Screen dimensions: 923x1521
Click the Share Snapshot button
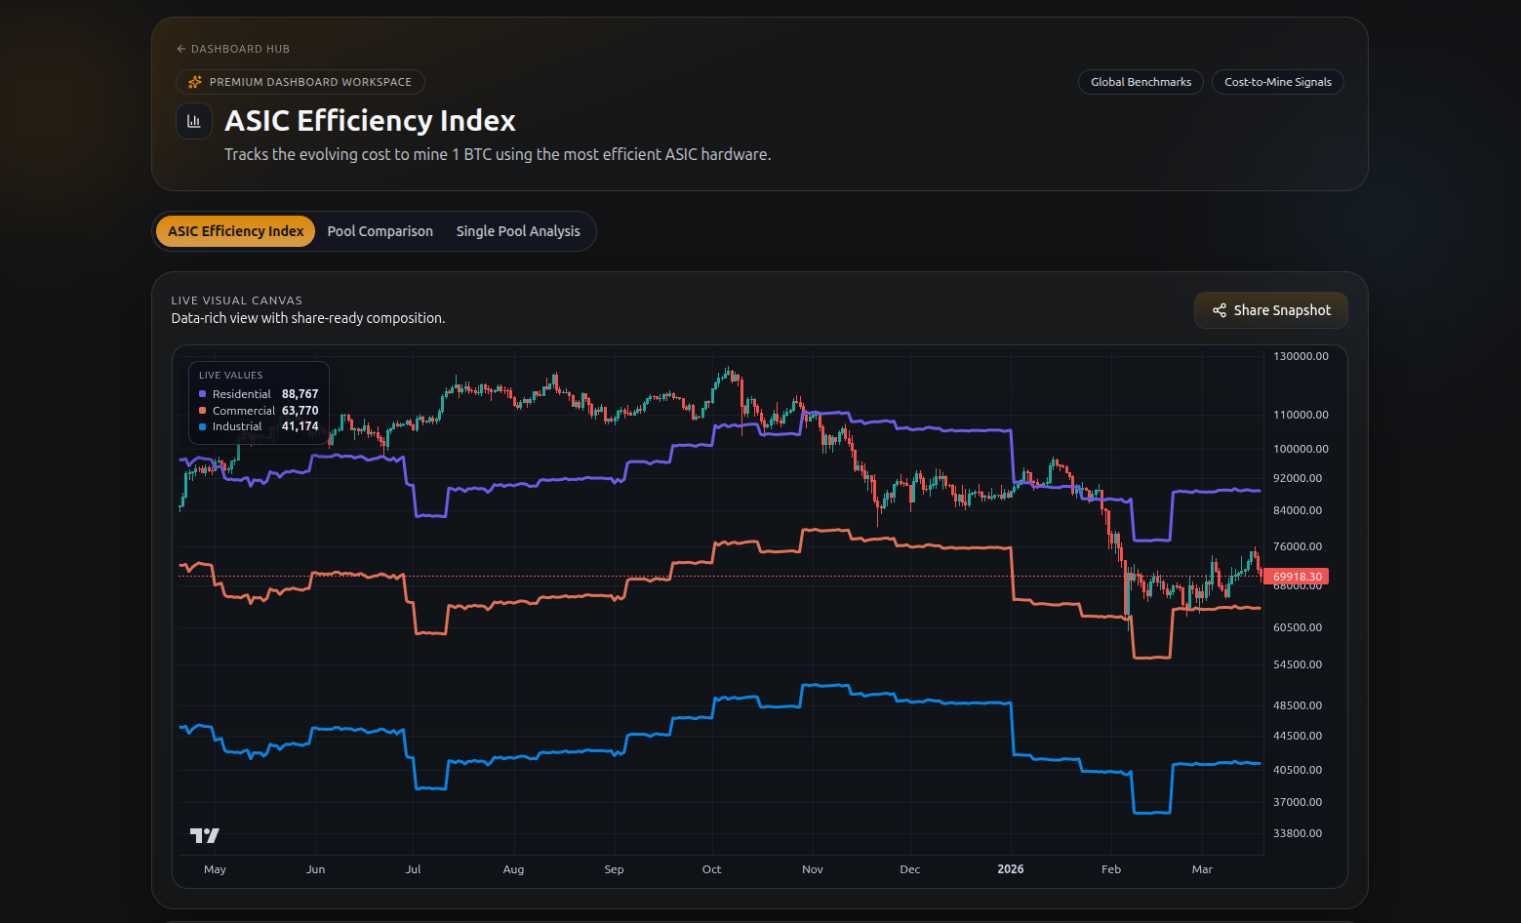pyautogui.click(x=1270, y=310)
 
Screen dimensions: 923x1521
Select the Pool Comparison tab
pyautogui.click(x=380, y=231)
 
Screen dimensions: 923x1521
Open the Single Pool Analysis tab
pyautogui.click(x=517, y=231)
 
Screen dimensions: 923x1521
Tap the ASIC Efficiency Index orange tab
pyautogui.click(x=235, y=231)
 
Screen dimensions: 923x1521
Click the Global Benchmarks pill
pyautogui.click(x=1141, y=82)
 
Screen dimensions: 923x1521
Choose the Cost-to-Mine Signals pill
pyautogui.click(x=1277, y=82)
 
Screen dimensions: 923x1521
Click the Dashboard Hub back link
pyautogui.click(x=233, y=49)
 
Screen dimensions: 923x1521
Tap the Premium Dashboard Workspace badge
pyautogui.click(x=300, y=82)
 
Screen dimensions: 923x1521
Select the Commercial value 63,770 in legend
pyautogui.click(x=300, y=411)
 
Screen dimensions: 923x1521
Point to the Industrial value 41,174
pyautogui.click(x=300, y=426)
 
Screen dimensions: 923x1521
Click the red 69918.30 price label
pyautogui.click(x=1297, y=577)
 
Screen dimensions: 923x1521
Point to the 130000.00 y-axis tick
pyautogui.click(x=1301, y=356)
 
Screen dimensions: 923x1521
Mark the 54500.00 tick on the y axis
pyautogui.click(x=1298, y=664)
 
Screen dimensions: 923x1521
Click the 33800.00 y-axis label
pyautogui.click(x=1298, y=833)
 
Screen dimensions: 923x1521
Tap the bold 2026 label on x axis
pyautogui.click(x=1011, y=869)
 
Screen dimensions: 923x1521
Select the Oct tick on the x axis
pyautogui.click(x=711, y=869)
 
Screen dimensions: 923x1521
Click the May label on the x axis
pyautogui.click(x=215, y=869)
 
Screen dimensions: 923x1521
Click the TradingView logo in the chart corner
pyautogui.click(x=204, y=835)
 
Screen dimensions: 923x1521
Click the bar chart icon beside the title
pyautogui.click(x=194, y=121)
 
